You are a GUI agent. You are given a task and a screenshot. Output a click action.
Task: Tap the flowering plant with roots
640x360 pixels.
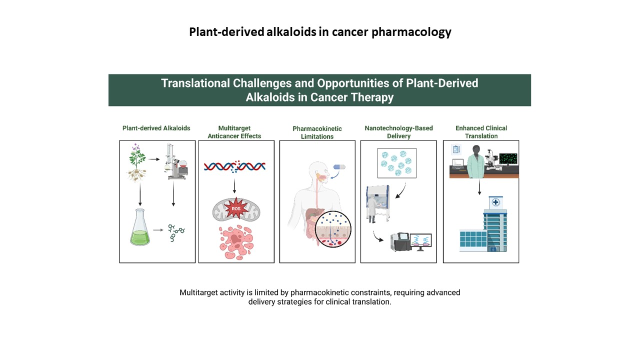pos(137,162)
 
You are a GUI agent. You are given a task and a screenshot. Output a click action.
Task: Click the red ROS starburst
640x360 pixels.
pos(236,208)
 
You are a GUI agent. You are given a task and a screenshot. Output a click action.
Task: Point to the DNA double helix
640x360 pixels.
pos(234,166)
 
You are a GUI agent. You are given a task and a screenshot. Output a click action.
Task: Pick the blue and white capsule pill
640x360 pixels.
pos(339,167)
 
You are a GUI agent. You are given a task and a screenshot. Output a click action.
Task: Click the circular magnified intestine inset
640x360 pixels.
pos(333,229)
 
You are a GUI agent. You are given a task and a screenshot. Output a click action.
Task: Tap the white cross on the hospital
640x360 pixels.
pos(495,202)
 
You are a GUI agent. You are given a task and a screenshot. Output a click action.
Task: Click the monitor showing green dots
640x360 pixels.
pos(508,159)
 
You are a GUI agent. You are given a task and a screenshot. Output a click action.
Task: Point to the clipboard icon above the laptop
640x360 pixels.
pos(456,149)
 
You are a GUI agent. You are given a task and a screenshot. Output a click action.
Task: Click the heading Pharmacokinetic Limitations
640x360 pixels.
pos(317,132)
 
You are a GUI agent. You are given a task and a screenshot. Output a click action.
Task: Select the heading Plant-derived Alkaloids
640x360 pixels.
pos(156,128)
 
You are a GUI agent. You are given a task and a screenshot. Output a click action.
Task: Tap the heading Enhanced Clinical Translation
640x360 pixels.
pos(481,132)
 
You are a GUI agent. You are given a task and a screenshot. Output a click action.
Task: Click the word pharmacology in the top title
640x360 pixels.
pos(411,32)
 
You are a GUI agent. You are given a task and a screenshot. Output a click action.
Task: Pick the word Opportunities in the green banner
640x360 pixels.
pos(359,83)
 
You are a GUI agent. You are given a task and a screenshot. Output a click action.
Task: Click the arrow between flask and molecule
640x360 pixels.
pos(158,230)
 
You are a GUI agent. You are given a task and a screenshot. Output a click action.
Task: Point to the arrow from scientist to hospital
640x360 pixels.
pos(479,187)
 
